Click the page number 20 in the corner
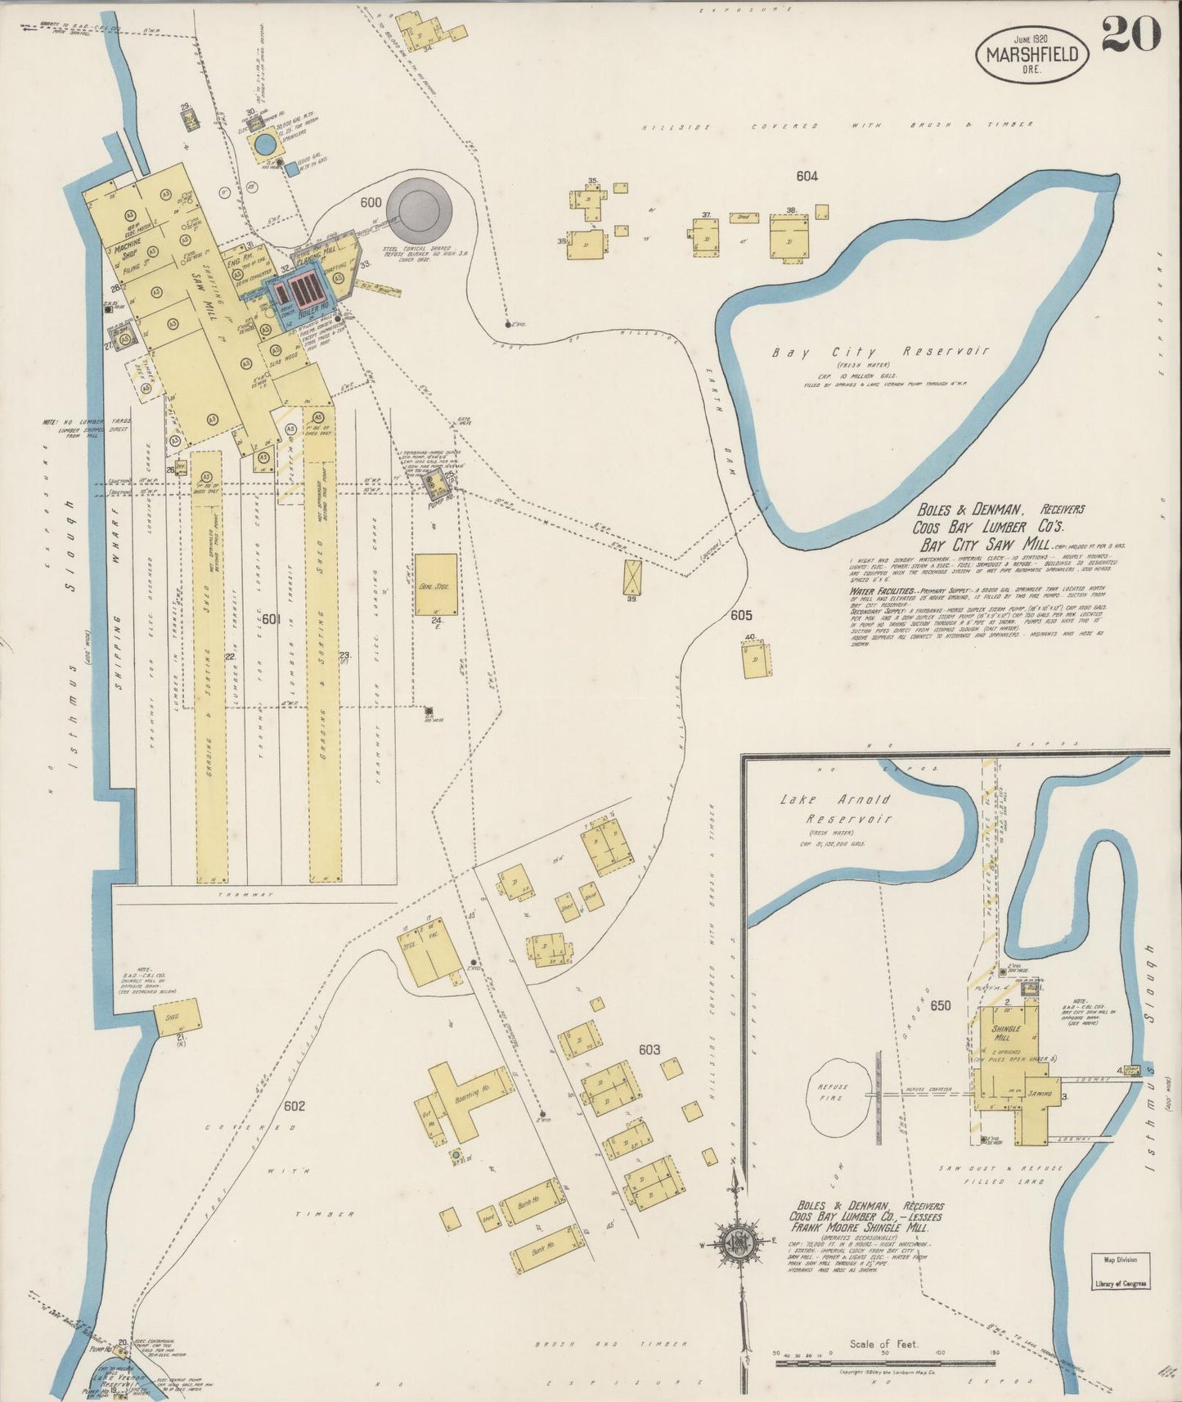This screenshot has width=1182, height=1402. coord(1130,34)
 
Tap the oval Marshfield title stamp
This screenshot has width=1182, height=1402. coord(1032,54)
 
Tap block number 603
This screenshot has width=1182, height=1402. coord(649,1049)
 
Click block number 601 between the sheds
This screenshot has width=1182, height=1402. coord(272,620)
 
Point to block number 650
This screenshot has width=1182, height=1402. coord(940,1005)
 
